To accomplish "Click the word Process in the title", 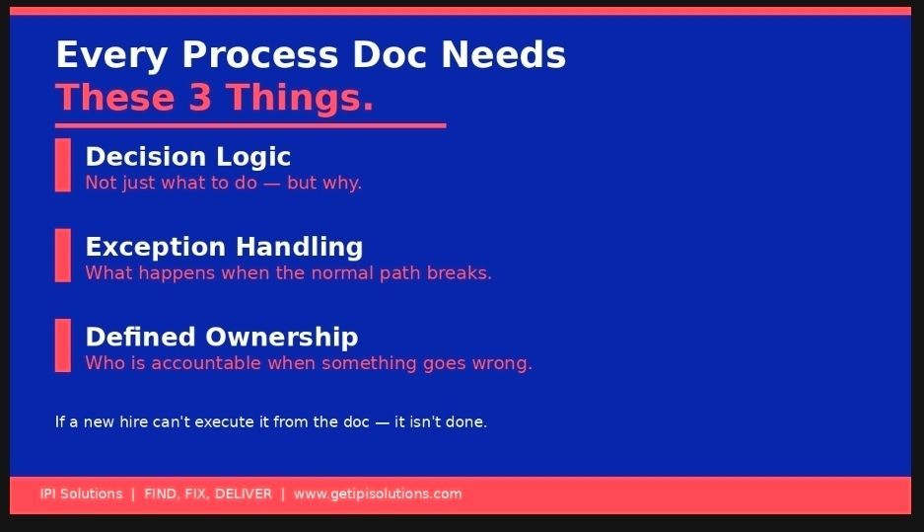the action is tap(260, 56).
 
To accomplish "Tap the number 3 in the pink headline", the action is tap(200, 98).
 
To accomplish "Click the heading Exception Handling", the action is tap(224, 247).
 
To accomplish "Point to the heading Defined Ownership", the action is tap(222, 337).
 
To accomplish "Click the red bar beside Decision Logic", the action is tap(62, 165).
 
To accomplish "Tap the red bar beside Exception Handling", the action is tap(62, 256).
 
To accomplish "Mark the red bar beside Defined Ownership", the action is tap(62, 345).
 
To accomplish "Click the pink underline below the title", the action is tap(250, 125).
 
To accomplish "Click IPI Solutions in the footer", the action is tap(81, 494).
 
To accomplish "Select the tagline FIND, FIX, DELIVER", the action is tap(208, 494).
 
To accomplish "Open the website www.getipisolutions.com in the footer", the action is tap(378, 494).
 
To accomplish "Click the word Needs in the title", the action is tap(504, 55).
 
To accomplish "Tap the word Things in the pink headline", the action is tap(300, 98).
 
